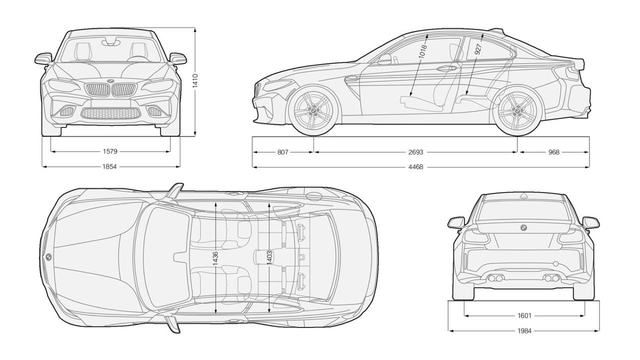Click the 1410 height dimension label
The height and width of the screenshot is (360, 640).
(195, 81)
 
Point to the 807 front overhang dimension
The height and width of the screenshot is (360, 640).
(282, 152)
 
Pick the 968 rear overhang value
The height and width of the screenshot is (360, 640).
(553, 152)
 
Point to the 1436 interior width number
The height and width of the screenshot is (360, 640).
(215, 258)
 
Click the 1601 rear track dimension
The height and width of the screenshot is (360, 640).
(524, 315)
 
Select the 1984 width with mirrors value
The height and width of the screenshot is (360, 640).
(524, 330)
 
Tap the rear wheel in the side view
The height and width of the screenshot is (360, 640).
(517, 110)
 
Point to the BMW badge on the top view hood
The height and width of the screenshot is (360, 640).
(48, 257)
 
